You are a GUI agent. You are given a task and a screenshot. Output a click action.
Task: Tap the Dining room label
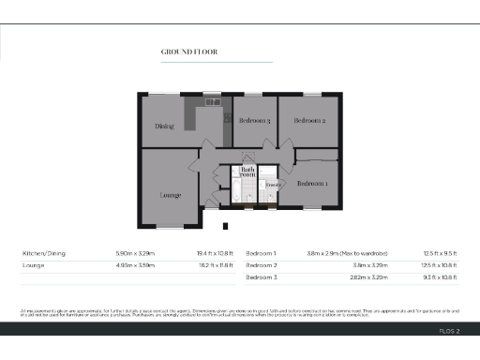click(x=165, y=127)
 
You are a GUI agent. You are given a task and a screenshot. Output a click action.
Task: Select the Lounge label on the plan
click(x=170, y=195)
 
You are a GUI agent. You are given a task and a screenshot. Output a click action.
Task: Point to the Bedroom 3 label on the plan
click(x=254, y=121)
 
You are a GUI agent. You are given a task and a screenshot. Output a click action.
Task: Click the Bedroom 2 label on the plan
click(x=309, y=121)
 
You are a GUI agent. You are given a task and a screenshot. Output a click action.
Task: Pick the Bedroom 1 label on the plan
click(x=312, y=184)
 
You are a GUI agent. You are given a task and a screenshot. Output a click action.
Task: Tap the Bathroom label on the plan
click(x=247, y=172)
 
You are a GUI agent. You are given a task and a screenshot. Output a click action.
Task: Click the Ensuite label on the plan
click(x=273, y=186)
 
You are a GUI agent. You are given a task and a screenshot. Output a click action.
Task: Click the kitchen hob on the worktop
click(x=228, y=118)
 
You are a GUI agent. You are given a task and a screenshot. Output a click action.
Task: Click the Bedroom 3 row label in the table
click(x=263, y=278)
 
